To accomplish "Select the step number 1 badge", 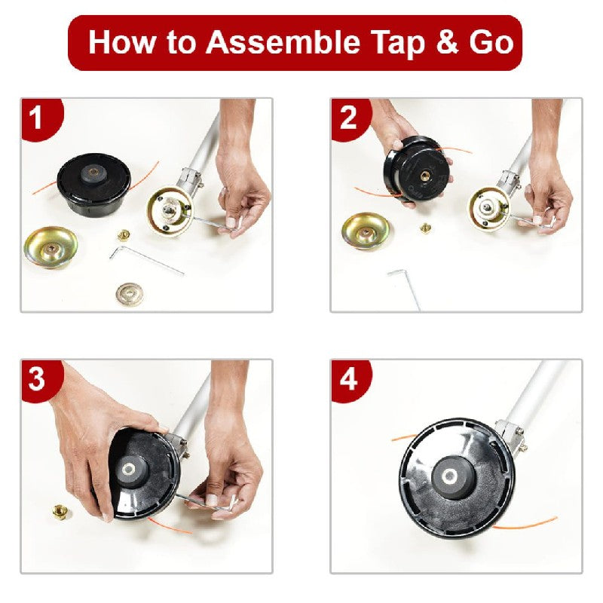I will (36, 118).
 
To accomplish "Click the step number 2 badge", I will (347, 118).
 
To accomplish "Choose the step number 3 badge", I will (36, 379).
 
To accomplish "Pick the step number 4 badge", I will (347, 379).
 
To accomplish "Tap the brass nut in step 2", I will (425, 228).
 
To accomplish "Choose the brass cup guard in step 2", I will (366, 231).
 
